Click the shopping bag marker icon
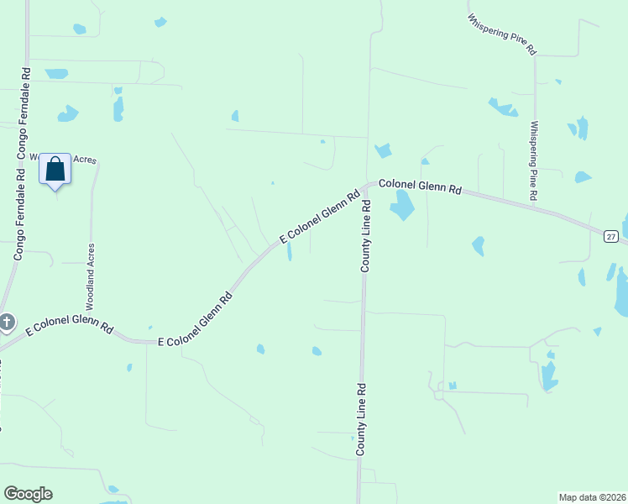(x=55, y=169)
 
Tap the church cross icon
(x=7, y=321)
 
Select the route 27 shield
(x=611, y=236)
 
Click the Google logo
(x=28, y=494)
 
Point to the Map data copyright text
(x=592, y=496)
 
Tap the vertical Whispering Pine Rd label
(x=533, y=160)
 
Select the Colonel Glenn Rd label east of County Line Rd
(x=420, y=186)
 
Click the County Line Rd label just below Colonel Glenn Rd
(x=366, y=235)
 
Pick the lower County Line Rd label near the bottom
(x=360, y=419)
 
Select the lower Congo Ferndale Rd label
(x=18, y=215)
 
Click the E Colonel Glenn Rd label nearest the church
(x=69, y=325)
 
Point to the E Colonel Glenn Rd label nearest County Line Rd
(x=319, y=216)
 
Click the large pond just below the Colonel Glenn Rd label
(x=402, y=204)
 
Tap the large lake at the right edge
(x=622, y=291)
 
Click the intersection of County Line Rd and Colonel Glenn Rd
(x=366, y=186)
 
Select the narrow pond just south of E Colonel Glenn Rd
(x=290, y=251)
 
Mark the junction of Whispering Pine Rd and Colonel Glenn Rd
(x=534, y=204)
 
